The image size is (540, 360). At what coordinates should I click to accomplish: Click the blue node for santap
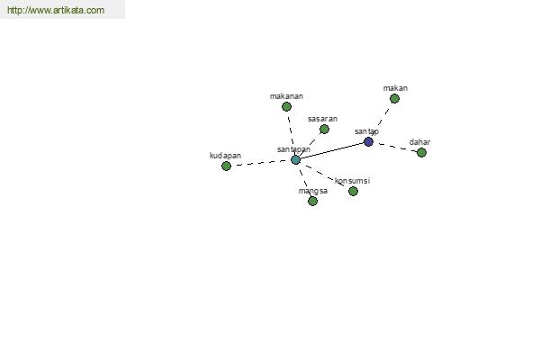tap(368, 141)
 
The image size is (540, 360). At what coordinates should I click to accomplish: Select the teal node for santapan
tap(295, 159)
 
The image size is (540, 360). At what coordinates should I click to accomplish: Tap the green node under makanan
tap(286, 107)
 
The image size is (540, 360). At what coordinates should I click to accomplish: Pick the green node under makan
tap(395, 99)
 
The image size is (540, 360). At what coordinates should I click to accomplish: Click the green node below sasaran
tap(324, 130)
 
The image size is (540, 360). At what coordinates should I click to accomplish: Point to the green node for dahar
tap(421, 152)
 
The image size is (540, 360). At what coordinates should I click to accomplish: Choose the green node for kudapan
tap(226, 166)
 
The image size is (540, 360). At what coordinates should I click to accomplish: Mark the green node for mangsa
tap(312, 201)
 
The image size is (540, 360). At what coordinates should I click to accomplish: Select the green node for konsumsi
tap(353, 191)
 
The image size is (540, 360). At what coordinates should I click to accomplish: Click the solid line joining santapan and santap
tap(332, 150)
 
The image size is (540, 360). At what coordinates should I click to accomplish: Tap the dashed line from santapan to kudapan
tap(261, 163)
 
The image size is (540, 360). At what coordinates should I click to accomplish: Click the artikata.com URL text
tap(56, 10)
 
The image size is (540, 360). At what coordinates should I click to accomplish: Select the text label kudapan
tap(225, 156)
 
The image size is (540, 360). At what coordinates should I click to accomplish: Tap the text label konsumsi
tap(352, 181)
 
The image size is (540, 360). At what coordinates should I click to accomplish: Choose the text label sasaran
tap(323, 119)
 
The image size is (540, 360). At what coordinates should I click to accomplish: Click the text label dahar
tap(419, 142)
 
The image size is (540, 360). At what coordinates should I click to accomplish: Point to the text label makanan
tap(286, 96)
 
